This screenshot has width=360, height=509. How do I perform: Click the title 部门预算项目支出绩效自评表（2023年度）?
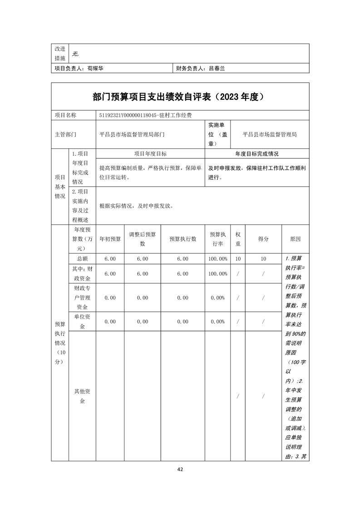180,97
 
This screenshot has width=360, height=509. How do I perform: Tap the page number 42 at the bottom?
180,469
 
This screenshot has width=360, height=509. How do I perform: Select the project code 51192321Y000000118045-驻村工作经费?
148,115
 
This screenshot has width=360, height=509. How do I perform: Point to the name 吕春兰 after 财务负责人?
217,69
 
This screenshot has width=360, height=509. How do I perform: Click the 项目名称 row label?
66,115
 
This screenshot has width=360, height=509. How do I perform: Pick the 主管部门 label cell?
66,134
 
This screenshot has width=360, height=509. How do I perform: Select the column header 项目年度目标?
150,154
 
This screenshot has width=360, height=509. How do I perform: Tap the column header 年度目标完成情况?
257,154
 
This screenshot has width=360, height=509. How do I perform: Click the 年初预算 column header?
110,239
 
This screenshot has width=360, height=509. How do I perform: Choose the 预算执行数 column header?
182,239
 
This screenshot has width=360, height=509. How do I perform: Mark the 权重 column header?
238,239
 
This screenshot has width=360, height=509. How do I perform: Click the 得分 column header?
263,239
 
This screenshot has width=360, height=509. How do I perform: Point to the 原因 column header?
295,239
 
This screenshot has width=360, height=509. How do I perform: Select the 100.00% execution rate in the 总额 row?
217,259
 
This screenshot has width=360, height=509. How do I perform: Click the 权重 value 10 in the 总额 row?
238,259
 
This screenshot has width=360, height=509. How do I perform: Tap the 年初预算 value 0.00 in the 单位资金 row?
110,322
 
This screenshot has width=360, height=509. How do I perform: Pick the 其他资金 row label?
82,396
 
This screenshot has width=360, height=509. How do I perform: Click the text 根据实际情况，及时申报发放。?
136,206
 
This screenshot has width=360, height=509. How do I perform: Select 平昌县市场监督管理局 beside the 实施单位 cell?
270,134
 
